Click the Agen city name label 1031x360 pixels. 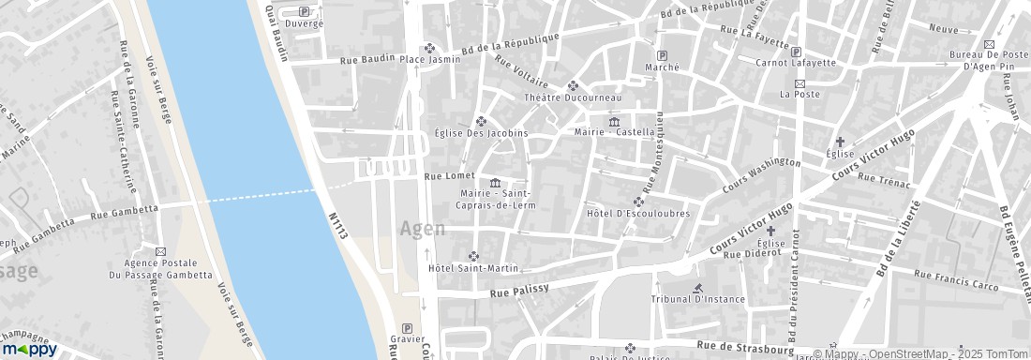tap(422, 229)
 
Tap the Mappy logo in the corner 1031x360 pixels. tap(29, 349)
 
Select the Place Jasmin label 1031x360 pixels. tap(430, 59)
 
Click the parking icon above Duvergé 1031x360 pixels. tap(303, 11)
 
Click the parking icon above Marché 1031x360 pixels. tap(663, 54)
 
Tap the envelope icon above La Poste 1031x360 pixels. tap(799, 82)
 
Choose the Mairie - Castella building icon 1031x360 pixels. tap(614, 121)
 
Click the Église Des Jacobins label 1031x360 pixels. tap(482, 133)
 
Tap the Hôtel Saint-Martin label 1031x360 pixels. tap(472, 268)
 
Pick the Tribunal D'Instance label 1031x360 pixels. tap(698, 299)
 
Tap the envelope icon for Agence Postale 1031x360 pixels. tap(160, 252)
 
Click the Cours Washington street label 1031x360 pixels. tap(761, 174)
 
